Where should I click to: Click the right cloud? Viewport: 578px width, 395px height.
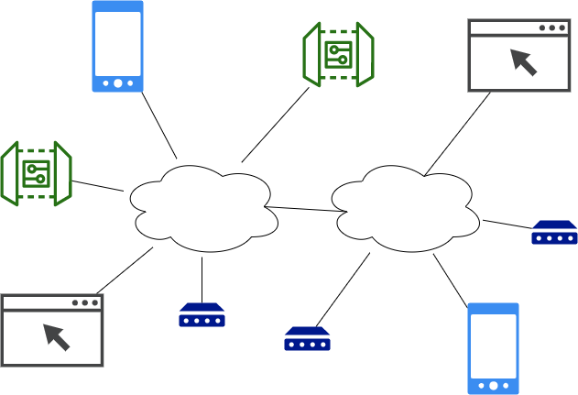406,209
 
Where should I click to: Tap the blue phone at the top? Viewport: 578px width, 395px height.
118,46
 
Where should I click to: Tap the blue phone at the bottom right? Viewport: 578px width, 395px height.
494,348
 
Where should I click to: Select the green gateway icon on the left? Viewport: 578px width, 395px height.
37,172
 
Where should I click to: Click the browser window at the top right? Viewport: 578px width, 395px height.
519,55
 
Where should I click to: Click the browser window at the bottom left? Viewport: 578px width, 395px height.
52,330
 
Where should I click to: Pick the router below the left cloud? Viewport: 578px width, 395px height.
202,315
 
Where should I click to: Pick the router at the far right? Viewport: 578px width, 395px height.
554,233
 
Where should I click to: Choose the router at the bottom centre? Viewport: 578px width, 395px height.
307,338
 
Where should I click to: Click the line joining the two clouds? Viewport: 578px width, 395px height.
305,209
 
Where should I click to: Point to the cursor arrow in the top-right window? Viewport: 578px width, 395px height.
524,61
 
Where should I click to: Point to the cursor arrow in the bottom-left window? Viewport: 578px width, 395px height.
57,336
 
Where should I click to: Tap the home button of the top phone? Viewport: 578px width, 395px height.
118,82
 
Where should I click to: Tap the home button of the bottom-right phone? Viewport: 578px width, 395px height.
494,385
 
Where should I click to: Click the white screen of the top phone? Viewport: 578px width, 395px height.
118,41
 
